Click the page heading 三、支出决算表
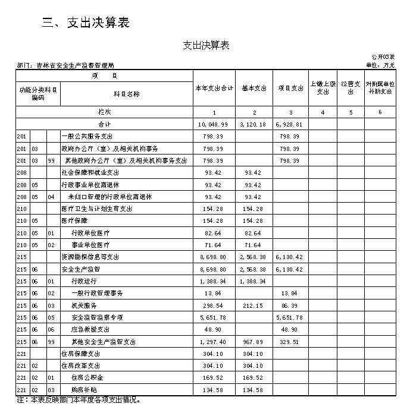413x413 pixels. (x=86, y=23)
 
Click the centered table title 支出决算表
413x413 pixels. (x=206, y=46)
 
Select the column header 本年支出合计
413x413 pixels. (x=214, y=89)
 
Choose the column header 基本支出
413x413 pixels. (x=254, y=89)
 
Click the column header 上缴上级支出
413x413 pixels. (x=322, y=89)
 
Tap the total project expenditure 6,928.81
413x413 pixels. (x=290, y=125)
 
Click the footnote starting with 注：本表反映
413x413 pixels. (x=79, y=400)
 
